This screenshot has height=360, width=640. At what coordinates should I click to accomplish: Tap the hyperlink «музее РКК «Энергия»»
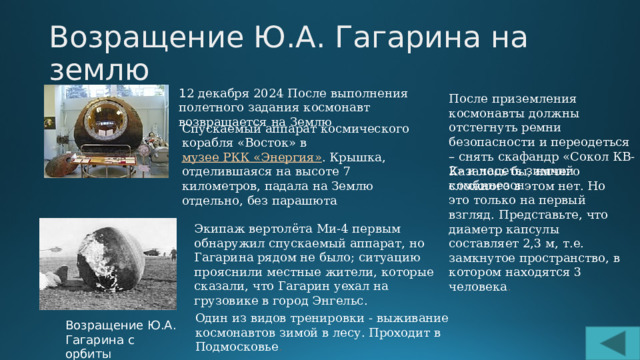251,159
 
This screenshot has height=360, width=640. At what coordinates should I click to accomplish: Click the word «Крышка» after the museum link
357,159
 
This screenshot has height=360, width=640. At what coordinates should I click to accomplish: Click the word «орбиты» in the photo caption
88,353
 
